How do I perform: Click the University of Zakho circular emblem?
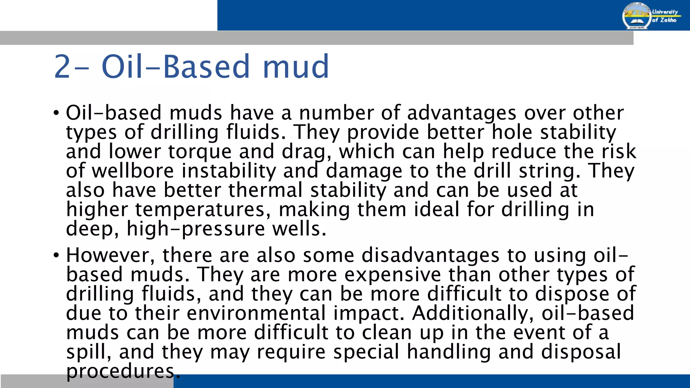pos(636,15)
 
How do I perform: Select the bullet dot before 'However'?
pos(56,255)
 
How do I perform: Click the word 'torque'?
pos(200,152)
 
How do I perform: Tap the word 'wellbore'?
pos(133,171)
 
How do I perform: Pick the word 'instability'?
pos(229,171)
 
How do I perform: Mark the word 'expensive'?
pos(392,274)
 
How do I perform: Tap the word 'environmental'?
pos(256,313)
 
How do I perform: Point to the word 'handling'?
pos(449,352)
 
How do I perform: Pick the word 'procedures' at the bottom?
pos(121,371)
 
